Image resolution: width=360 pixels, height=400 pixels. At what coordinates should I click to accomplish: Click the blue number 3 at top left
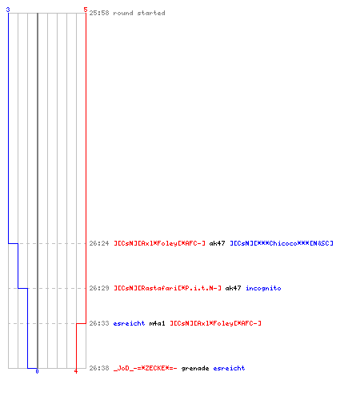pos(8,10)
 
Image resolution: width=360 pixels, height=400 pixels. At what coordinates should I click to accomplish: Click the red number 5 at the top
pos(86,10)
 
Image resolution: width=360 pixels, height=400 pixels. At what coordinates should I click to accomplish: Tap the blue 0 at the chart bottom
pos(37,371)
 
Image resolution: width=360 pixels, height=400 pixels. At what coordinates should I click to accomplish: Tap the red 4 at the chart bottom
pos(76,371)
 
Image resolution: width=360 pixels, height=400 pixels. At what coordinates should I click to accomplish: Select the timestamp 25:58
pos(99,13)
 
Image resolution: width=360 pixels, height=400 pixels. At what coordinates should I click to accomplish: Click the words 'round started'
pos(139,13)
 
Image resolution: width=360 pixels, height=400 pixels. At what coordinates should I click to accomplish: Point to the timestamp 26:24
pos(99,243)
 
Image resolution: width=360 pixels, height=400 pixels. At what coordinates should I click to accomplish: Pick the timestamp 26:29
pos(99,288)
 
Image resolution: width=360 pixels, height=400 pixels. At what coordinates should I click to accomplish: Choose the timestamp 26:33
pos(99,323)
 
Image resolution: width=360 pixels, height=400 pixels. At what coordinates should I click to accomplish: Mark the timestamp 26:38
pos(99,368)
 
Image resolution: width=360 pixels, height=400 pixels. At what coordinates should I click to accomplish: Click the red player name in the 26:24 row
pos(159,243)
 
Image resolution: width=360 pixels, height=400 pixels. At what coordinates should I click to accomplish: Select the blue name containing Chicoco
pos(282,243)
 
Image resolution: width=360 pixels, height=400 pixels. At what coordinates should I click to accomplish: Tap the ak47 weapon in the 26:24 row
pos(217,243)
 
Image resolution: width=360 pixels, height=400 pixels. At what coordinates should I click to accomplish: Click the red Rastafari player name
pos(167,288)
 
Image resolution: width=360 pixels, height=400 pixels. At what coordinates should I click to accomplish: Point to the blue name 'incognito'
pos(263,288)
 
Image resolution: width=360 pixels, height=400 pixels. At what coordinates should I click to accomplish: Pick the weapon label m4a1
pos(157,323)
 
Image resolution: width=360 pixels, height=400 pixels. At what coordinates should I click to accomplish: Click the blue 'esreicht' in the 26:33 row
pos(129,323)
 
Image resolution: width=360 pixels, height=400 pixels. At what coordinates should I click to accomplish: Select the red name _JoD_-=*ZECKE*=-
pos(146,368)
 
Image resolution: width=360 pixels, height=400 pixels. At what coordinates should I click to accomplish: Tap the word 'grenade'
pos(195,369)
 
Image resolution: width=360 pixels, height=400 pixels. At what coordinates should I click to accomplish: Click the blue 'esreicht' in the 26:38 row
pos(229,368)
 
